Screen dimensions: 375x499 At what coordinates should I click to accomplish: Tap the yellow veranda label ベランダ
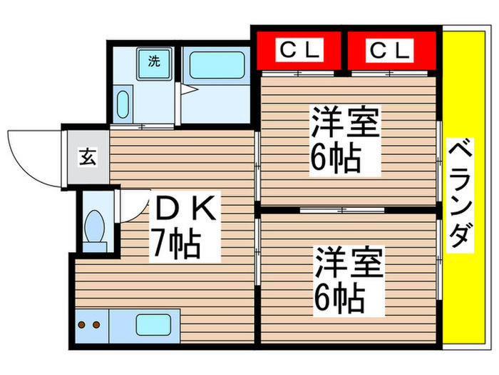[461, 194]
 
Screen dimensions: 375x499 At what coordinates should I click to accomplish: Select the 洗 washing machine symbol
[154, 61]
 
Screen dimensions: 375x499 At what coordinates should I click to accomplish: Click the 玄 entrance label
[84, 156]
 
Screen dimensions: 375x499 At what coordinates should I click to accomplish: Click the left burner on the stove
[82, 325]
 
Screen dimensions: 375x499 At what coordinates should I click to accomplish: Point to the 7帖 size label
[175, 244]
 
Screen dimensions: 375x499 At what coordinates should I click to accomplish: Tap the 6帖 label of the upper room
[335, 157]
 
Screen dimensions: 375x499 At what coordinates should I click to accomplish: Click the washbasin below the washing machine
[123, 105]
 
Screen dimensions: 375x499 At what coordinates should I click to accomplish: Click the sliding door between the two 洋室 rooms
[342, 211]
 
